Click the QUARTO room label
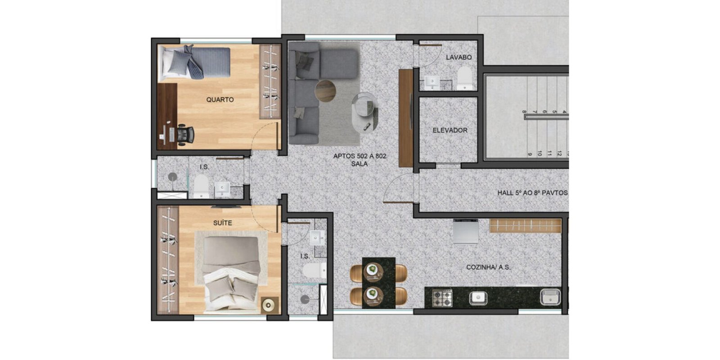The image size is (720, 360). [x=220, y=99]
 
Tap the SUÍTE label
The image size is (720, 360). [x=222, y=223]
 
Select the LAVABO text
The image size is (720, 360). [x=459, y=57]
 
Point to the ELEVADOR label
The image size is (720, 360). [x=450, y=130]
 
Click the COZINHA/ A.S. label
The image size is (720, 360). [x=488, y=267]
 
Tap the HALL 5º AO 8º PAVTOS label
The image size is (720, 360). [x=532, y=193]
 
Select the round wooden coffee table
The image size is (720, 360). [x=325, y=91]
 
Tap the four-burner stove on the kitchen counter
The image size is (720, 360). [x=442, y=298]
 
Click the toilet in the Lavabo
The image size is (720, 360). [x=464, y=78]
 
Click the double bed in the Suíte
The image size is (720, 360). [x=231, y=275]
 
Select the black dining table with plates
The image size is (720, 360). [x=378, y=283]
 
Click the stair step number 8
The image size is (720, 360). [x=524, y=112]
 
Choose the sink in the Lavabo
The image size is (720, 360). [x=432, y=82]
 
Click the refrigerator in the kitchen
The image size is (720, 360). [x=466, y=231]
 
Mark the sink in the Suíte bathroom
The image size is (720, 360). [x=318, y=238]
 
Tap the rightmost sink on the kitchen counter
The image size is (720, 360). [x=550, y=297]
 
